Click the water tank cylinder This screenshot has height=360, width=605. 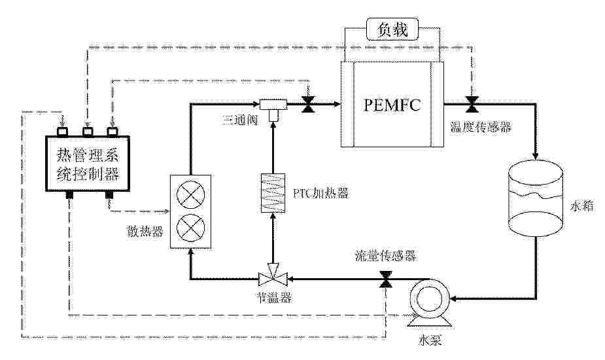pyautogui.click(x=536, y=199)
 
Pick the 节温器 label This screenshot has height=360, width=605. pyautogui.click(x=273, y=298)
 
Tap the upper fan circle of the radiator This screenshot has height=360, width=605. pyautogui.click(x=190, y=195)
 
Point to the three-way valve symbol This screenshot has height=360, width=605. pyautogui.click(x=273, y=106)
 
